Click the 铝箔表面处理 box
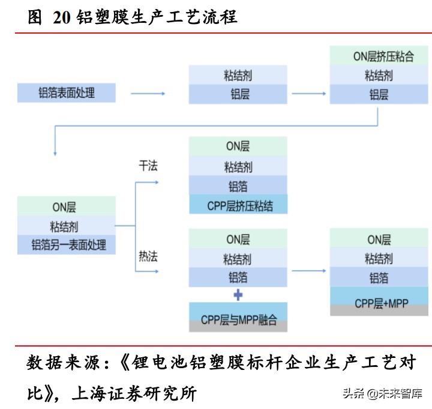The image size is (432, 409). point(67,93)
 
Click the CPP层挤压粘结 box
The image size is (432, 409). point(238,205)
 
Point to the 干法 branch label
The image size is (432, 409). point(148,166)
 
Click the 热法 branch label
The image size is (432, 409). point(148,256)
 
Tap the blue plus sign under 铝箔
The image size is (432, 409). point(238,295)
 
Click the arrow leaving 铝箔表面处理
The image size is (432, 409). point(148,94)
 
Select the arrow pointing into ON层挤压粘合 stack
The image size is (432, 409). point(309,94)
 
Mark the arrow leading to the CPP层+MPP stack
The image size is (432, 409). point(309,271)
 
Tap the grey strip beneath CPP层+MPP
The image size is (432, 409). point(379,311)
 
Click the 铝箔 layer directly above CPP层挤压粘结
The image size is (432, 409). point(238,186)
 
